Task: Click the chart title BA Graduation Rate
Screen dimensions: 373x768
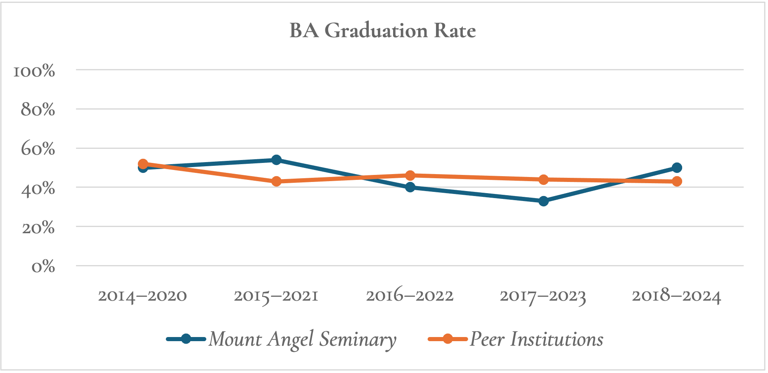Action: click(x=382, y=31)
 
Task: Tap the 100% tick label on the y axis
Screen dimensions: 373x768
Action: click(x=34, y=71)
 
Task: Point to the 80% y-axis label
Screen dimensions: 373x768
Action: click(x=38, y=110)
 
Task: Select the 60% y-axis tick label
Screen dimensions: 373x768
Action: click(x=38, y=149)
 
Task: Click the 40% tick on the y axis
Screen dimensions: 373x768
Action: click(x=38, y=188)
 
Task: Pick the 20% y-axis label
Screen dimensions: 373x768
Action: click(x=38, y=227)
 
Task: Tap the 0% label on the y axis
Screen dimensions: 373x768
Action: click(x=43, y=267)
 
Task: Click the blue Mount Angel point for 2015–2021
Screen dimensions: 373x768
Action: click(x=276, y=160)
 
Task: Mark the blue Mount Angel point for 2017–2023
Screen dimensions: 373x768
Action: click(x=543, y=201)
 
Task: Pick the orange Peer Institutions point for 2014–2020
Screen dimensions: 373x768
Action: click(x=143, y=164)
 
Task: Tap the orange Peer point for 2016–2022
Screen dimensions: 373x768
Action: click(x=410, y=175)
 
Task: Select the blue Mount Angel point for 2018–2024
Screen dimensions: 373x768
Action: click(x=677, y=167)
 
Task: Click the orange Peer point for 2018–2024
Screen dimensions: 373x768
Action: click(x=677, y=181)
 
